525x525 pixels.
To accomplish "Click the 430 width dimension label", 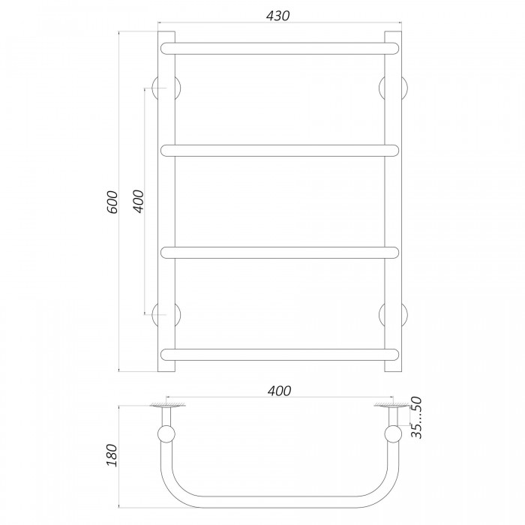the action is [278, 16].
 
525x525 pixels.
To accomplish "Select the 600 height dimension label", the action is [112, 202].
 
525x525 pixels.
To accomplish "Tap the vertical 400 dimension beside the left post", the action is [138, 201].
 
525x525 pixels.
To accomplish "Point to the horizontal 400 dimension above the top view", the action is [279, 391].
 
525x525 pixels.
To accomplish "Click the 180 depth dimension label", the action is [112, 455].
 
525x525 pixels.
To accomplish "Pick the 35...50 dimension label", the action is [416, 417].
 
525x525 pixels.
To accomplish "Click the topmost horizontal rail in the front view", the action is [280, 49].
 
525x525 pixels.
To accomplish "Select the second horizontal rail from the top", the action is [280, 151].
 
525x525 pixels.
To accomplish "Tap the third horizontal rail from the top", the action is [280, 253].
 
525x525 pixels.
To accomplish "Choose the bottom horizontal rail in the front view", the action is [280, 355].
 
